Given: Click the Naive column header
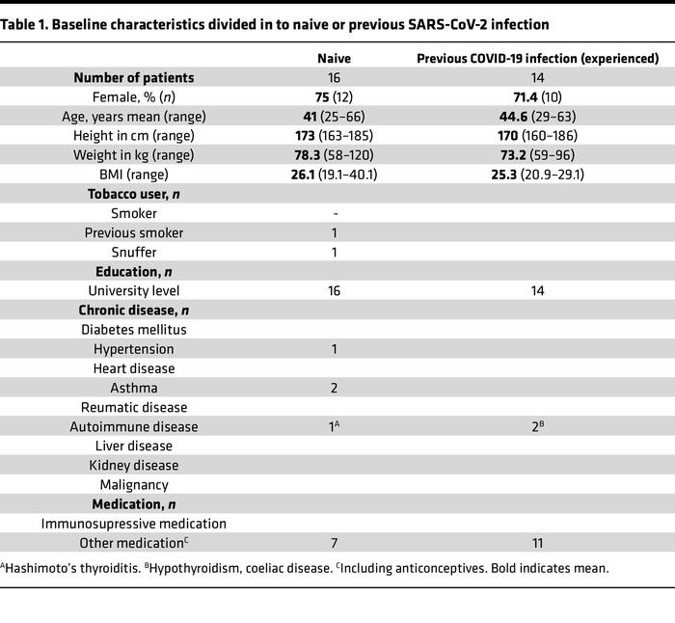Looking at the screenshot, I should click(334, 58).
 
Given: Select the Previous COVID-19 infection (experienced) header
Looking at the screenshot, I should click(536, 58).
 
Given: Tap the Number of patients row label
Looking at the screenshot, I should click(134, 78).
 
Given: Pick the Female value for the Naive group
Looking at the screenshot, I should click(334, 97).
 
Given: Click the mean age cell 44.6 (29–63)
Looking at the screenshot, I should click(536, 117).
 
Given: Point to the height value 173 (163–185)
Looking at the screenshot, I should click(334, 136).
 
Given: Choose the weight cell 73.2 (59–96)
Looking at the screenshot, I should click(536, 155).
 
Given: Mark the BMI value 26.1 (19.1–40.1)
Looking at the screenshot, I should click(334, 175).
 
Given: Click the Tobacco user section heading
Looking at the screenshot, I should click(134, 194).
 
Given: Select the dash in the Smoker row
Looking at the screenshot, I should click(334, 213).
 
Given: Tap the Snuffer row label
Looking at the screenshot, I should click(134, 252).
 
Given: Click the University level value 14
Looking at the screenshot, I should click(536, 290).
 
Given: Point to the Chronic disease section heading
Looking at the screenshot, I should click(134, 310).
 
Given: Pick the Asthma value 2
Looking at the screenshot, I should click(334, 388).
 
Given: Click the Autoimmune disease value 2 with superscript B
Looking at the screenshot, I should click(536, 426).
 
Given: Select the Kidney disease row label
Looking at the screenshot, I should click(134, 465).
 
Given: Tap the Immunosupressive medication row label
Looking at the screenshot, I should click(134, 523).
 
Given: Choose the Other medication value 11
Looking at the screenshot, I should click(536, 543).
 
